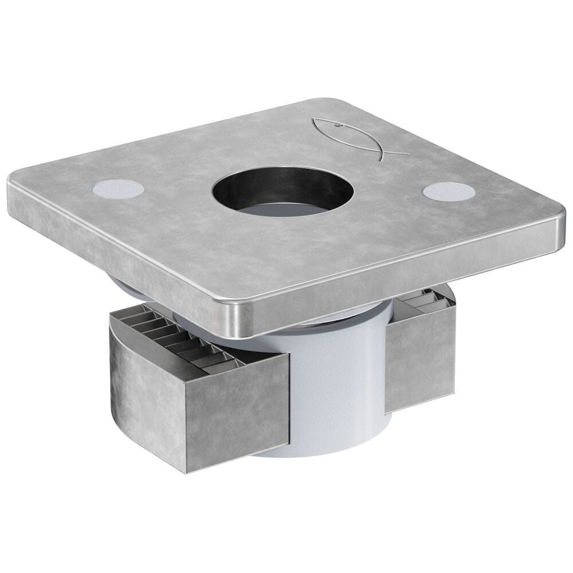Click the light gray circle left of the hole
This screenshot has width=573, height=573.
click(x=117, y=189)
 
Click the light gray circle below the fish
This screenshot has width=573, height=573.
click(x=448, y=191)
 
